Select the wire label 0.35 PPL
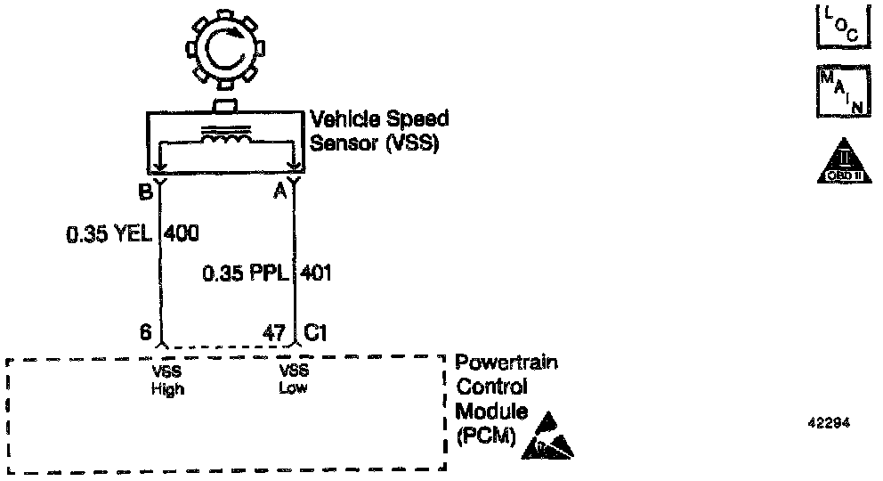246,273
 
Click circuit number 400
181,234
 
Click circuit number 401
317,273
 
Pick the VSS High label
167,381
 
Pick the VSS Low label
294,381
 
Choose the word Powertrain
507,363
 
